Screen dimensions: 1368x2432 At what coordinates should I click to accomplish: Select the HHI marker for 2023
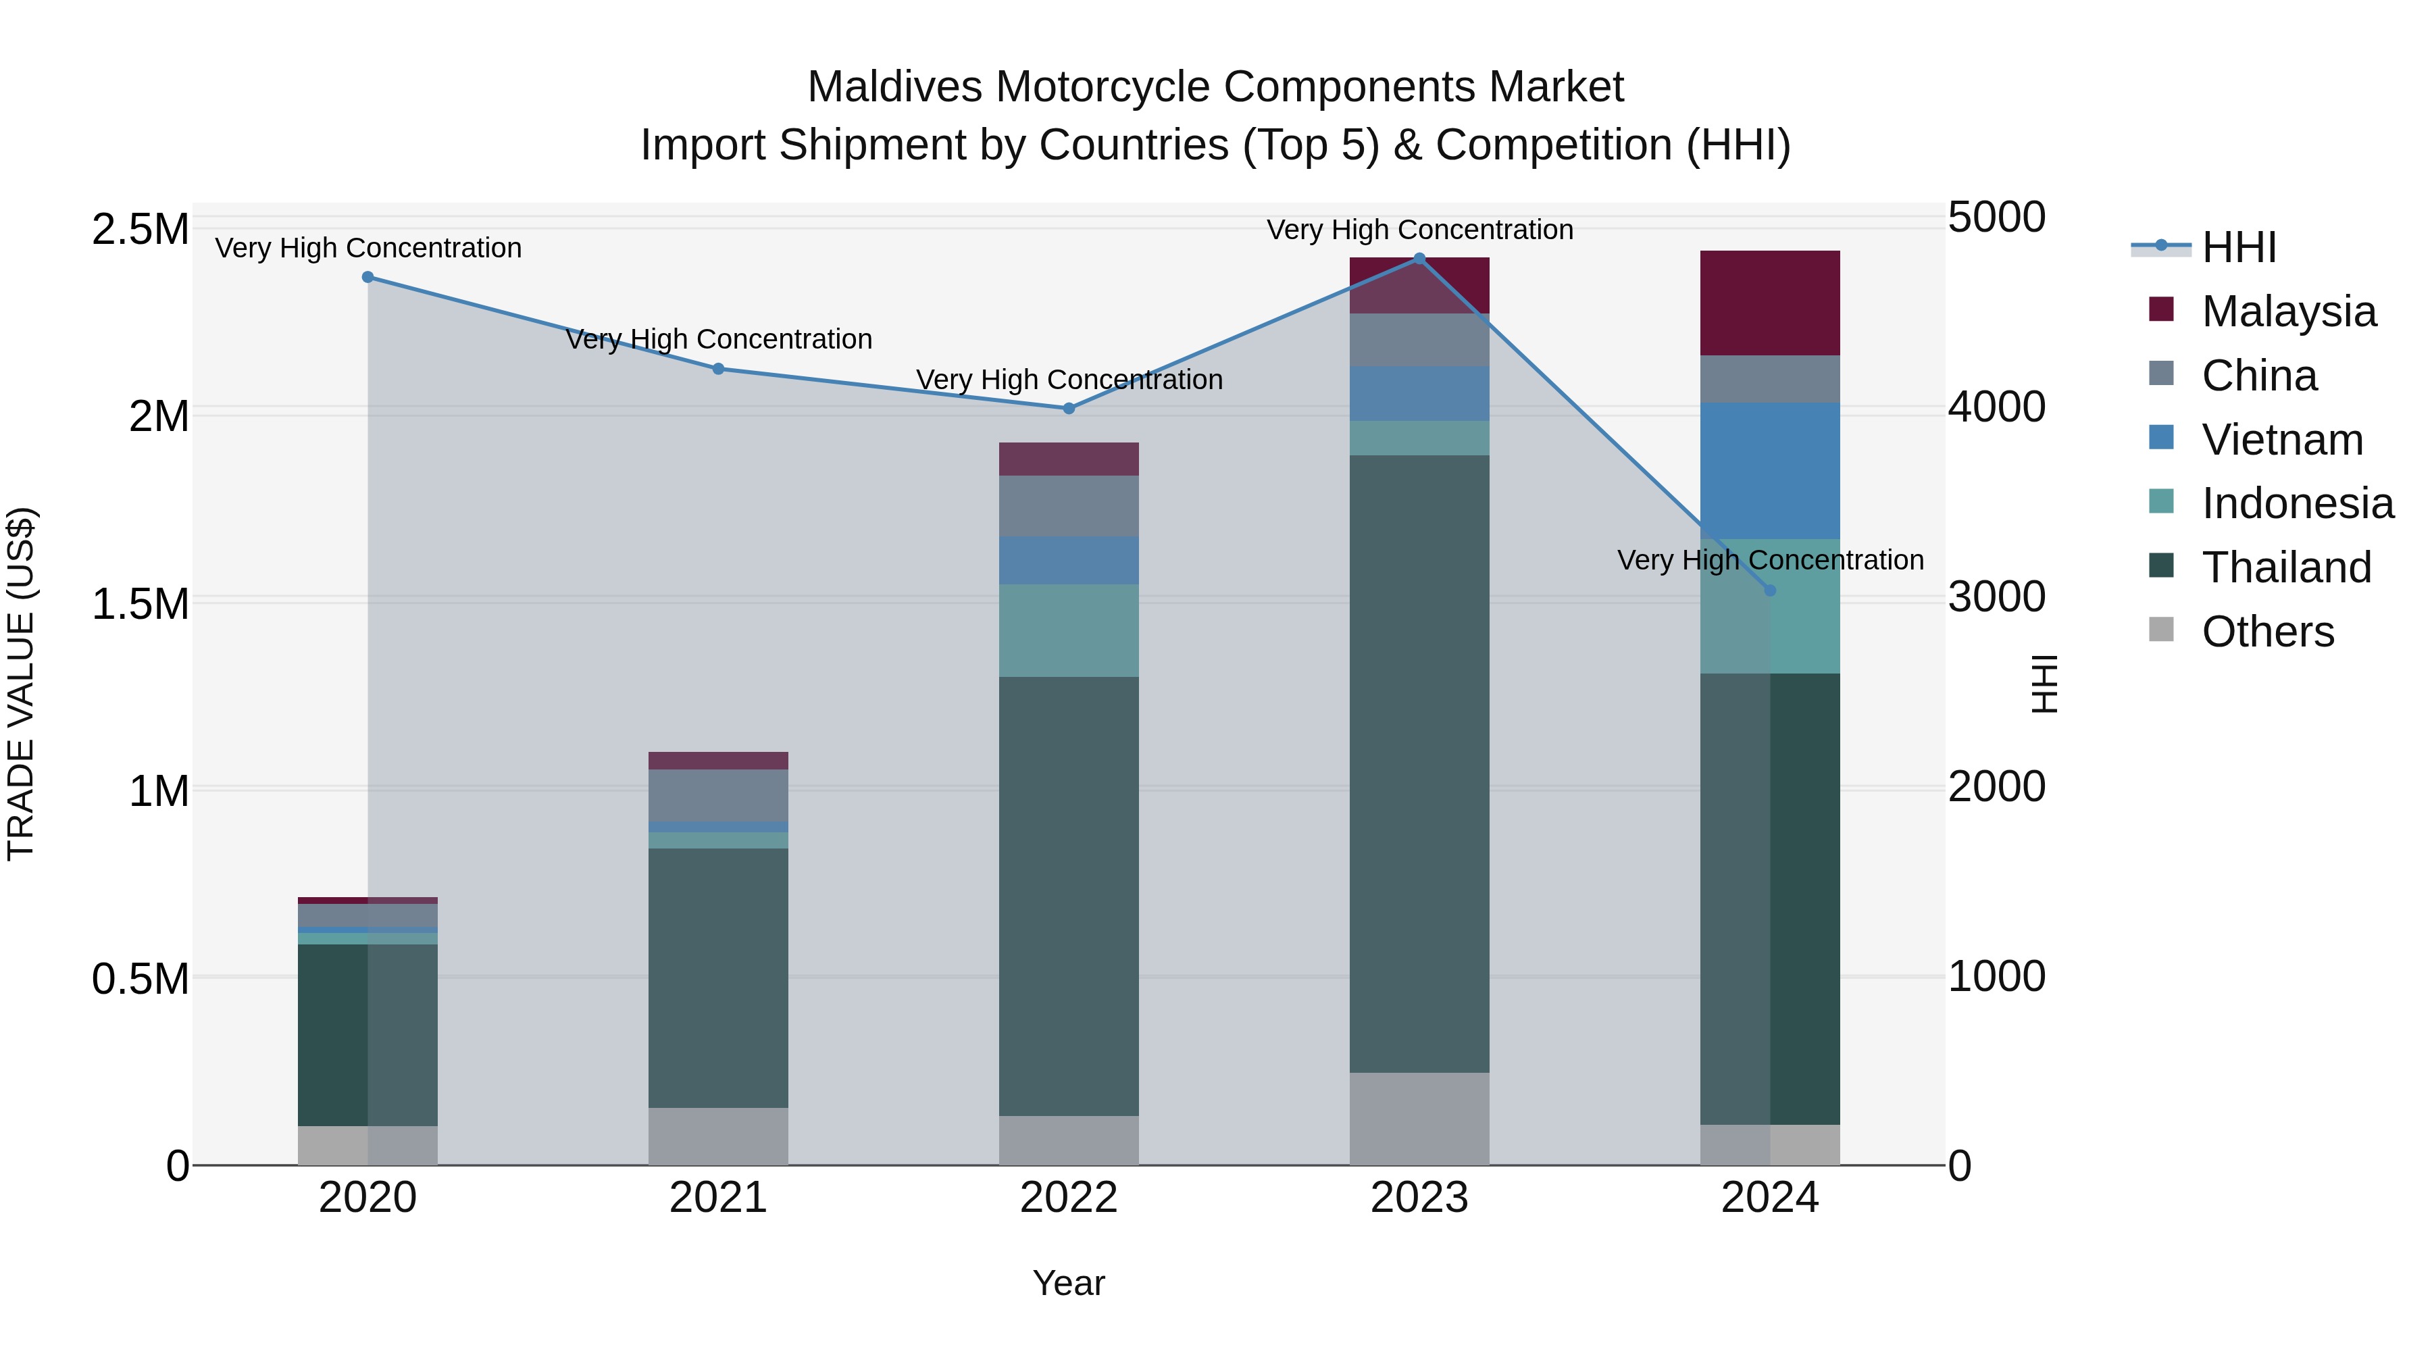coord(1419,259)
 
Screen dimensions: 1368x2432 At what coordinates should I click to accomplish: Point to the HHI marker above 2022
coord(1069,409)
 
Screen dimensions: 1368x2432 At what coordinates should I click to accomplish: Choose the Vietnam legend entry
coord(2282,440)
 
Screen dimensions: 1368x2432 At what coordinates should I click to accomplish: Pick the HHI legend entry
coord(2237,247)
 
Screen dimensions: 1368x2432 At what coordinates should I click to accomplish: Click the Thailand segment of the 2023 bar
coord(1419,765)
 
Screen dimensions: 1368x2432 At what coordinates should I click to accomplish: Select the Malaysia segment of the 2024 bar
coord(1770,303)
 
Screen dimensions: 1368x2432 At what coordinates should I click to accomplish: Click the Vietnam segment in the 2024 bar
coord(1770,471)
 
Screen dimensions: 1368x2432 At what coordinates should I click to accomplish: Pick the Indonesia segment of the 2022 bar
coord(1069,631)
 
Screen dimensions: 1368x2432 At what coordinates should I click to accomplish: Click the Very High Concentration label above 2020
coord(368,249)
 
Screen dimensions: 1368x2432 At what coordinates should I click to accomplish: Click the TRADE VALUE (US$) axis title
coord(21,684)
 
